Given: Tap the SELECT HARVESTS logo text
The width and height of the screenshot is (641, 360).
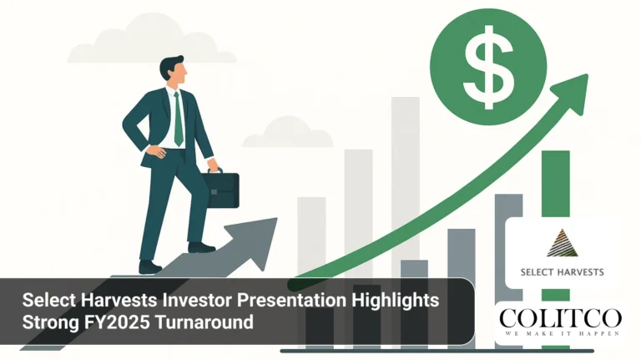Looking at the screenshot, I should pos(562,271).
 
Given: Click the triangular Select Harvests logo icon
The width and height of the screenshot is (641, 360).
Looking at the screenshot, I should pos(562,243).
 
